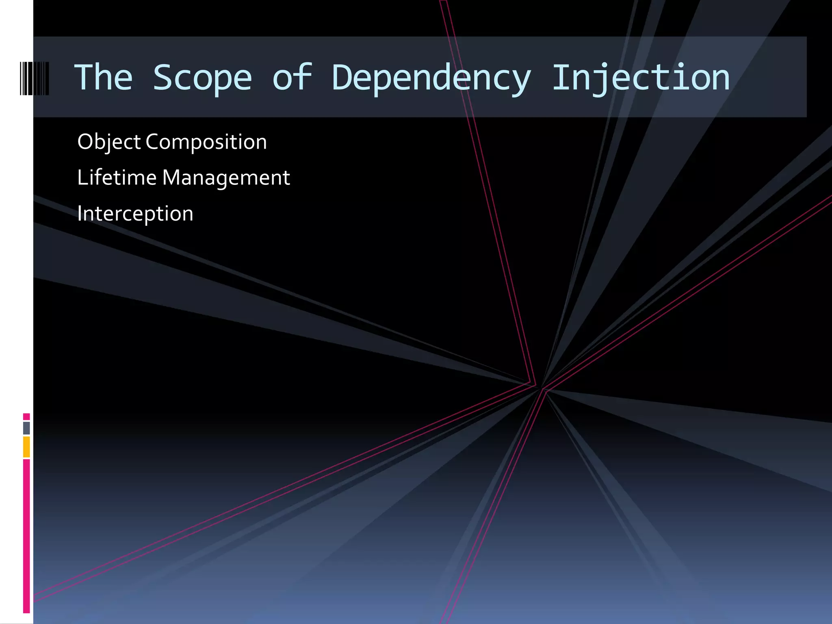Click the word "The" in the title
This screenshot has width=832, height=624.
(x=104, y=77)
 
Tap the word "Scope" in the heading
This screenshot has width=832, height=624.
(x=202, y=78)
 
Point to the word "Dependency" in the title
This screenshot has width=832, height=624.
(x=431, y=78)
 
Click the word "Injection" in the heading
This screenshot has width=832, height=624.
(x=641, y=78)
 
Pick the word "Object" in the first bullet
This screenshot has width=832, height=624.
(x=109, y=142)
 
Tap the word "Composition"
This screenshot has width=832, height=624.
(x=206, y=142)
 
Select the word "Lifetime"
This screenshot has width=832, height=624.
(x=117, y=178)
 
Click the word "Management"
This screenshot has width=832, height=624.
(x=226, y=178)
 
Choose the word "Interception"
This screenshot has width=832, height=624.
(x=135, y=214)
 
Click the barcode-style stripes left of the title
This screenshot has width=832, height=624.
(x=35, y=78)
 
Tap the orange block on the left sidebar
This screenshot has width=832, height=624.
(x=26, y=447)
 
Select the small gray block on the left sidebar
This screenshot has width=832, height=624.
(x=26, y=428)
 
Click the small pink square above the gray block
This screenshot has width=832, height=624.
(x=26, y=416)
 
